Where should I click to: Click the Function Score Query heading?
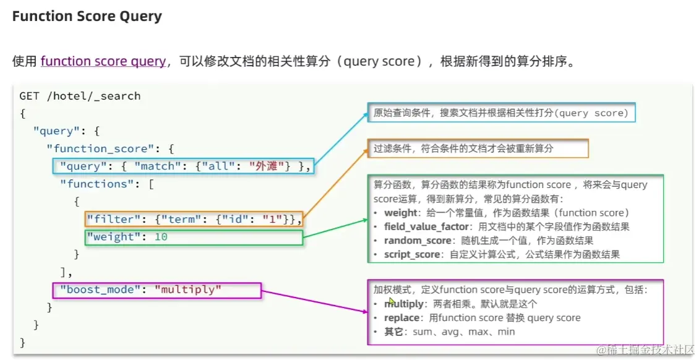pyautogui.click(x=87, y=17)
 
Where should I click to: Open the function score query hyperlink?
pyautogui.click(x=103, y=61)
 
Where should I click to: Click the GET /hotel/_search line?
pyautogui.click(x=80, y=96)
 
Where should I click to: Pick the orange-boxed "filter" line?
pyautogui.click(x=194, y=219)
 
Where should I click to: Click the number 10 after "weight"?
pyautogui.click(x=161, y=237)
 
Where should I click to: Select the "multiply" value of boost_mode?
pyautogui.click(x=187, y=289)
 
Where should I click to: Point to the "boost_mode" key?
pyautogui.click(x=102, y=289)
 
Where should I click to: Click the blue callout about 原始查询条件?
pyautogui.click(x=500, y=113)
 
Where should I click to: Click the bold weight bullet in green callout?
pyautogui.click(x=401, y=213)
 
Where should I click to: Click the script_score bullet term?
pyautogui.click(x=410, y=254)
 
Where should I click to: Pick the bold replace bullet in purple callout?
pyautogui.click(x=402, y=318)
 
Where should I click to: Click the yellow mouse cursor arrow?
pyautogui.click(x=392, y=302)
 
